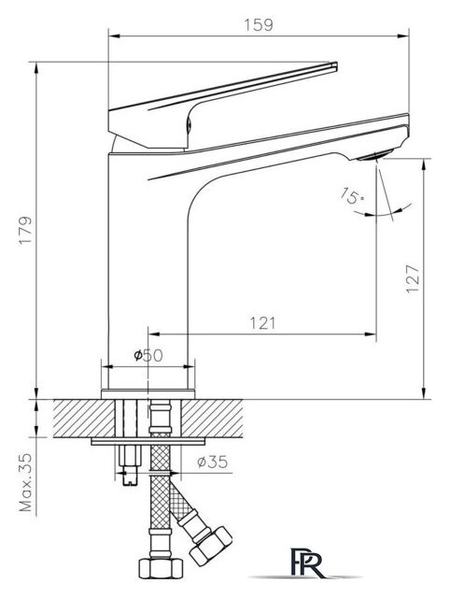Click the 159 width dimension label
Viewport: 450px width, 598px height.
click(259, 25)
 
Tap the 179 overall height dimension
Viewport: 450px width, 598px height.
click(26, 231)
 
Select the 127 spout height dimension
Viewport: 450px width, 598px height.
click(413, 278)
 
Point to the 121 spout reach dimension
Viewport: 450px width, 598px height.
click(262, 323)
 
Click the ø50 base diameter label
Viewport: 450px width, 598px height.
click(148, 355)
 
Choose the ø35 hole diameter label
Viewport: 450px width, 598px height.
click(213, 463)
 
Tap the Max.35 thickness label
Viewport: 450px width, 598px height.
click(26, 482)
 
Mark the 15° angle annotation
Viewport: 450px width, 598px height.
click(352, 195)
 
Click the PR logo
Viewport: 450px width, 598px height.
click(307, 562)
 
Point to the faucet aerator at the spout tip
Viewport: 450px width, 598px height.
click(375, 155)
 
